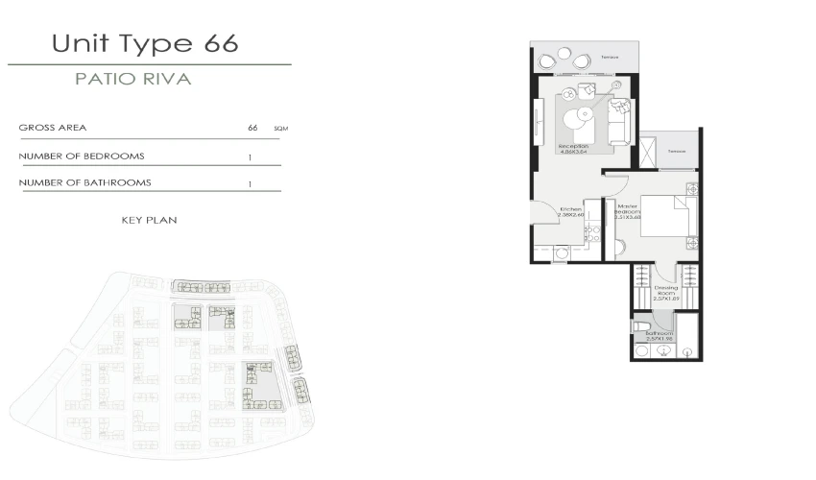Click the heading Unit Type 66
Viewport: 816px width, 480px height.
click(145, 43)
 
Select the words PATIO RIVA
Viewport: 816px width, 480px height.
click(133, 80)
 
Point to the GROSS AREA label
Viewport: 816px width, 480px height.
click(53, 127)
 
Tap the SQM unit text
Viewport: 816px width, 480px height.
click(279, 128)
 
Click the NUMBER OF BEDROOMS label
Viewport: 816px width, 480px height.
click(82, 156)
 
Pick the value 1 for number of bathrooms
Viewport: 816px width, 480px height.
click(251, 182)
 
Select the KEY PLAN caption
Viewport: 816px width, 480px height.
click(150, 220)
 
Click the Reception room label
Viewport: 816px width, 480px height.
click(574, 147)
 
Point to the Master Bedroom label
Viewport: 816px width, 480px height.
click(628, 210)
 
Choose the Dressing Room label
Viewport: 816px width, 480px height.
click(666, 291)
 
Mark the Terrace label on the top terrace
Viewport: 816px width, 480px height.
click(609, 57)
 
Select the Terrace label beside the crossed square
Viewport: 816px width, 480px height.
click(677, 151)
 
